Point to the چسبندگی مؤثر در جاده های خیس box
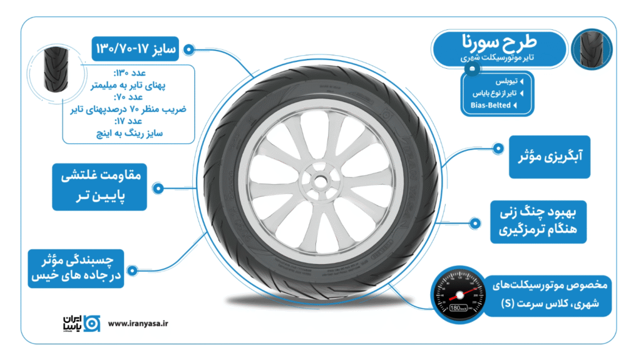click(76, 267)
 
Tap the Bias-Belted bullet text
click(491, 105)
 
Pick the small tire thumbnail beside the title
click(591, 49)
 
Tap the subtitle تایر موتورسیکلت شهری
click(503, 59)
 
